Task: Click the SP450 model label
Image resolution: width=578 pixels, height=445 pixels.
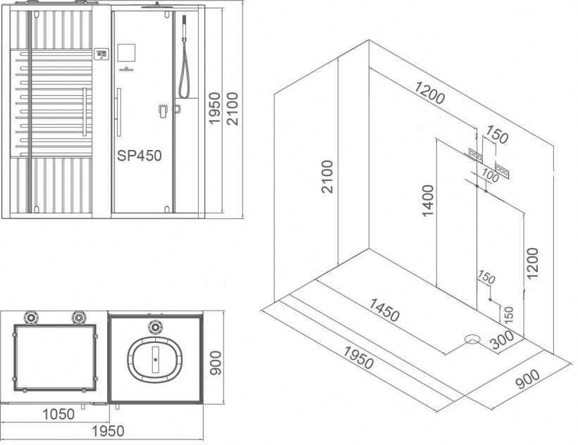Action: [140, 156]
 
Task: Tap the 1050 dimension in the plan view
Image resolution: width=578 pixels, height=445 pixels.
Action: [59, 414]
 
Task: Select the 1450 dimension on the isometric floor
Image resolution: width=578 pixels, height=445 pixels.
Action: [384, 310]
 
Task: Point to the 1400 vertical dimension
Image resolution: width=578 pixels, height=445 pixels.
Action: [428, 201]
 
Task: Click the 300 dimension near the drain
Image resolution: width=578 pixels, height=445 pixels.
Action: [502, 339]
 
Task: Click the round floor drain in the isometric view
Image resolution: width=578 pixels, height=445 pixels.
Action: [472, 339]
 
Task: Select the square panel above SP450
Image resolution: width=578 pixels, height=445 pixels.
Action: [126, 53]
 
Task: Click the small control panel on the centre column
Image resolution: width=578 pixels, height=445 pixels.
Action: [101, 54]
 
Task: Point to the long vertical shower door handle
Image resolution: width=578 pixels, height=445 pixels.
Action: [118, 112]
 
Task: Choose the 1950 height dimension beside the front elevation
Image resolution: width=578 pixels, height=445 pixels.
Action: [214, 108]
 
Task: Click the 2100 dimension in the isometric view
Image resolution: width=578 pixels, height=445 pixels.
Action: [327, 177]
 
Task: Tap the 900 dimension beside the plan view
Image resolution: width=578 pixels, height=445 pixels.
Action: [215, 363]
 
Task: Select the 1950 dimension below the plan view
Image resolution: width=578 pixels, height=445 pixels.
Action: [108, 431]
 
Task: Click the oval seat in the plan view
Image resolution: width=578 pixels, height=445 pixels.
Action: [155, 359]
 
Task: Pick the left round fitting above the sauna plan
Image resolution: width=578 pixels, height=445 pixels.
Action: [30, 318]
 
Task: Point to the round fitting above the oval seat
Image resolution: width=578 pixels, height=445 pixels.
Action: [155, 326]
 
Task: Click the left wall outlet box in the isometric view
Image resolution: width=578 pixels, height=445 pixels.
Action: [476, 155]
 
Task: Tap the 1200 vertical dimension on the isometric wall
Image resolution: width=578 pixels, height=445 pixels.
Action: [533, 263]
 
